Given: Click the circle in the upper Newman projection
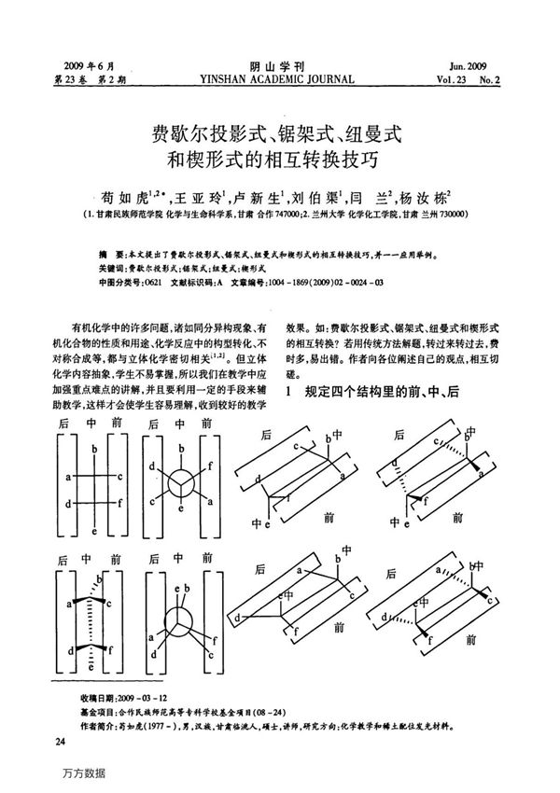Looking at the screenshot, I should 181,484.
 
